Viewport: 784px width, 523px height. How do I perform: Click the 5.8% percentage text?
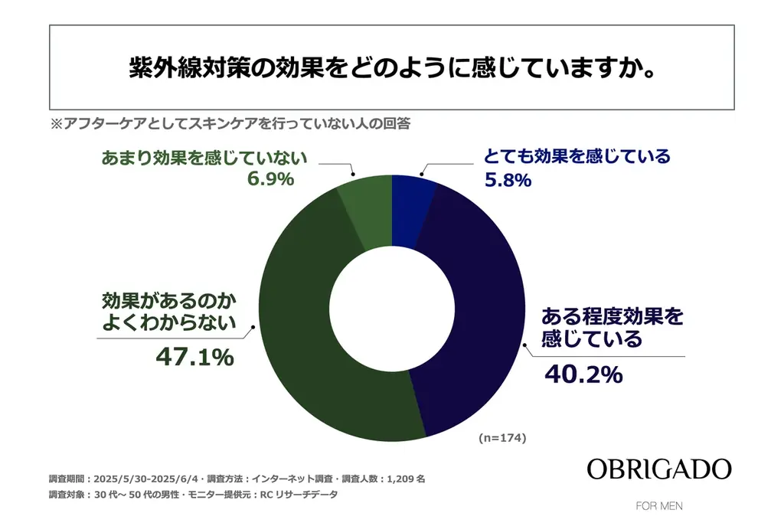click(x=507, y=181)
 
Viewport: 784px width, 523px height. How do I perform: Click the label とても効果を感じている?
click(x=577, y=157)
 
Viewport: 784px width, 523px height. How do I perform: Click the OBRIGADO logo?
click(x=658, y=469)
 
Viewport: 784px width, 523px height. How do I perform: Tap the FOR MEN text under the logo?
click(x=658, y=506)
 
